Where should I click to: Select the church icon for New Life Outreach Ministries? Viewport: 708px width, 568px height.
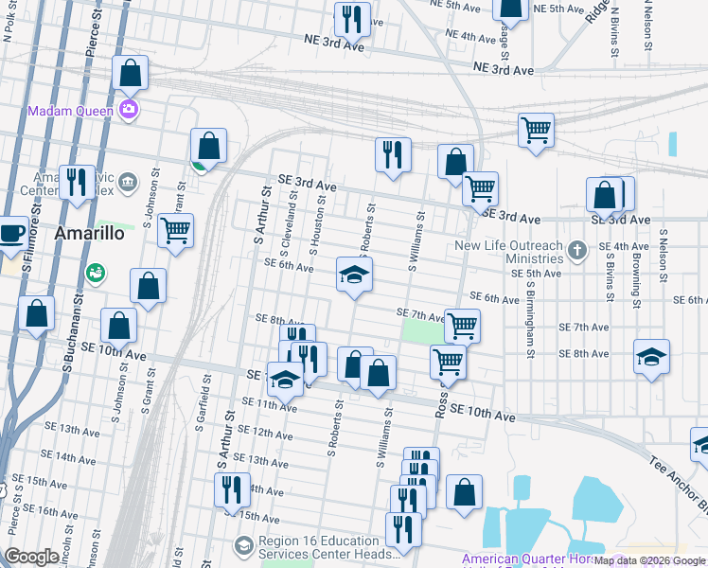tap(579, 251)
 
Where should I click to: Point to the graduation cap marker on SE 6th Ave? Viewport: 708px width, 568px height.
tap(355, 275)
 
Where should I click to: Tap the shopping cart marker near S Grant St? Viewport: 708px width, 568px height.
tap(175, 230)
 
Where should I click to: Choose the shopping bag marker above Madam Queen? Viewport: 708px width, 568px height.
tap(130, 72)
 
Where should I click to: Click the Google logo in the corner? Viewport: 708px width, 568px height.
tap(31, 557)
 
